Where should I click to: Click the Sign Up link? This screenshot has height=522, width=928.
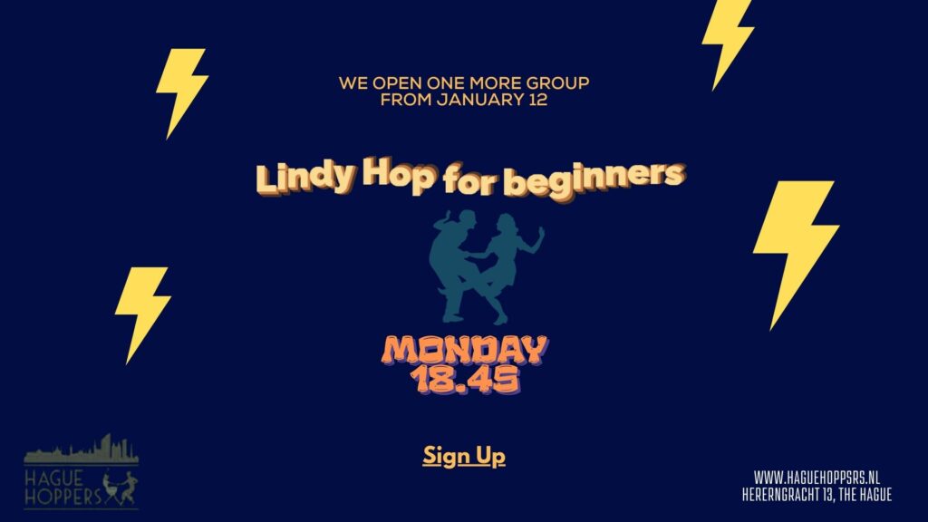click(464, 457)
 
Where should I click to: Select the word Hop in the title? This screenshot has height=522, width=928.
click(399, 174)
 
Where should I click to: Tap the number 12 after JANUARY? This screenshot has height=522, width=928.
click(538, 100)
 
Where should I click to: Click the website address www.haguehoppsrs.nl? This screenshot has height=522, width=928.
click(817, 477)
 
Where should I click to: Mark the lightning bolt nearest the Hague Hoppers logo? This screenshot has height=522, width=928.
click(142, 312)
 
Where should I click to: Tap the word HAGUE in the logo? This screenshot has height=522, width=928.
click(53, 478)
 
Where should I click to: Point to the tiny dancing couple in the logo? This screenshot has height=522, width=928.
click(121, 488)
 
